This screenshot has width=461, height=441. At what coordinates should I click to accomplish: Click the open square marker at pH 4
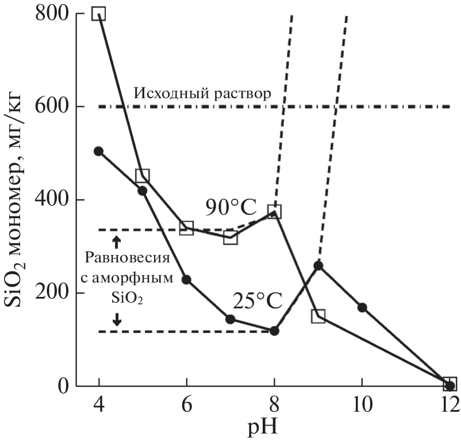click(99, 14)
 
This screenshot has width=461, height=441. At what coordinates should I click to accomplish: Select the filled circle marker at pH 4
click(98, 151)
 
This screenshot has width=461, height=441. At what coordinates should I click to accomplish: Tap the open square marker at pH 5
click(142, 176)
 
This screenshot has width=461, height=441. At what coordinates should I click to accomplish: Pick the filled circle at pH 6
click(186, 280)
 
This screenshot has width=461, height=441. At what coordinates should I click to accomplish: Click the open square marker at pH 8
click(275, 212)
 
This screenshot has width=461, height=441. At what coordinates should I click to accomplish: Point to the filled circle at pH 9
click(318, 265)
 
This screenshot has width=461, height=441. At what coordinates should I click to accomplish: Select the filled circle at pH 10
click(362, 308)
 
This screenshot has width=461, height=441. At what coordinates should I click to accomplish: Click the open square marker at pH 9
click(318, 316)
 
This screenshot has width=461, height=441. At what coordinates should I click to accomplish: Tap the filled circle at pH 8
click(274, 331)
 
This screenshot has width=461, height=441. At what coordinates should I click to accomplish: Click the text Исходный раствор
click(201, 94)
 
